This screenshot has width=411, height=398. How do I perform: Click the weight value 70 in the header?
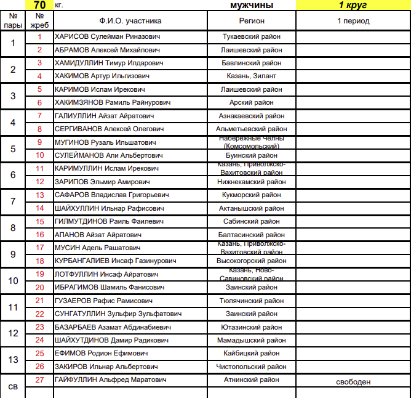pos(39,5)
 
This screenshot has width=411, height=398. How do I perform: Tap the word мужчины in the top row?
pos(251,5)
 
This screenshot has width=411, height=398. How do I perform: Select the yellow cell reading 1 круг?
pos(353,5)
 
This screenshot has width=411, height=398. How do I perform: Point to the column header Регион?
pos(252,21)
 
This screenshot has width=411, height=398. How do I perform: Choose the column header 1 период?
pos(353,21)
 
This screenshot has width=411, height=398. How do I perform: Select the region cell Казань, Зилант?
pos(252,76)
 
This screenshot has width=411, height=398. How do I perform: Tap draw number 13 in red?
pos(39,195)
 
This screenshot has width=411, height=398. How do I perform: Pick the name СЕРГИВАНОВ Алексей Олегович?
pos(110,129)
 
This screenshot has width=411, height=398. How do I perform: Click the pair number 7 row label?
pos(13,201)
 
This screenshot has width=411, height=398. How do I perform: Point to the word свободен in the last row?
pos(353,382)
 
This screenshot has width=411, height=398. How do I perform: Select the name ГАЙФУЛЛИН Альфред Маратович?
pos(110,380)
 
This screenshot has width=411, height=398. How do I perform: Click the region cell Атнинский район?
pos(252,380)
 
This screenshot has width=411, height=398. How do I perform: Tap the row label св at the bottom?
pos(13,386)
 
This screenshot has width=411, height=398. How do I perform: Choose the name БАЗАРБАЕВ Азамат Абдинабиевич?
pos(113,327)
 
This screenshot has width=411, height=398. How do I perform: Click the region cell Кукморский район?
pos(252,195)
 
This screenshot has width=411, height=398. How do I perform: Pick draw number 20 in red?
pos(39,287)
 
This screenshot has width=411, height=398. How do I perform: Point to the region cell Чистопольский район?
pos(252,367)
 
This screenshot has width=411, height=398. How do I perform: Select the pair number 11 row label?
pos(13,307)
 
